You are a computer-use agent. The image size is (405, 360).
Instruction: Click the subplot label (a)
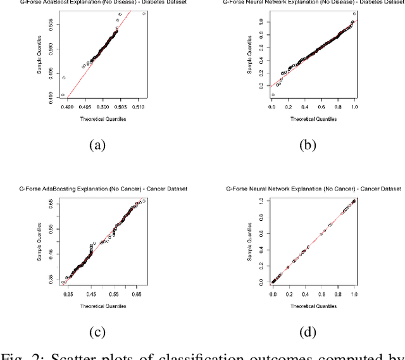pos(96,145)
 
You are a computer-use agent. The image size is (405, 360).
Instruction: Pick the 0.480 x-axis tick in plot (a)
pos(66,108)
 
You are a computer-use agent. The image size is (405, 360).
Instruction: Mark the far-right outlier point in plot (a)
pos(144,13)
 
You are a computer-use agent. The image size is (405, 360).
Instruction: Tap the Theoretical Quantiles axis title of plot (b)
pos(313,119)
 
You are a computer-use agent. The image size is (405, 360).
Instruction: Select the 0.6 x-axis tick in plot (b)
pos(321,107)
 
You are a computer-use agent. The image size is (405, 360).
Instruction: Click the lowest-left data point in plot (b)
pos(273,95)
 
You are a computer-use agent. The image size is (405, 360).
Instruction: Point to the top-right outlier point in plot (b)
pos(354,13)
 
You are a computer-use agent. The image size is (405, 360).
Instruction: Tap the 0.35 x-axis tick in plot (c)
pos(69,294)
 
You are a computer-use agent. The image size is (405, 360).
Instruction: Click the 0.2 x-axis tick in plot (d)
pos(289,294)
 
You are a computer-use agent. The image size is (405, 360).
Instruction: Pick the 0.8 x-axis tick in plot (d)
pos(337,294)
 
